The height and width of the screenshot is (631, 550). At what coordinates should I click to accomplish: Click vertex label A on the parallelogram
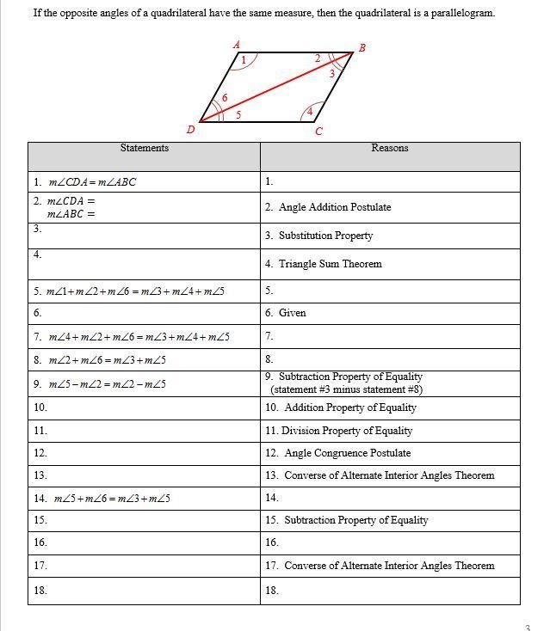pyautogui.click(x=237, y=44)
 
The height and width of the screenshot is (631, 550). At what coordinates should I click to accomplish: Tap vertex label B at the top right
pyautogui.click(x=362, y=47)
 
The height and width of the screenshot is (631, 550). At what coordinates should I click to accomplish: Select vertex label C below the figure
pyautogui.click(x=318, y=132)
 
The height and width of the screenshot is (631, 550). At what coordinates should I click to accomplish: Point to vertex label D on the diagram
pyautogui.click(x=190, y=130)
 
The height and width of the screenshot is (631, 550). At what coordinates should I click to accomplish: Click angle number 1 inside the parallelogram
pyautogui.click(x=244, y=60)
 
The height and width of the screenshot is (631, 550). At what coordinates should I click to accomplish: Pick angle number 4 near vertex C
pyautogui.click(x=310, y=111)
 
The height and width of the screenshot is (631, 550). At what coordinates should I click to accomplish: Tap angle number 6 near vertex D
pyautogui.click(x=225, y=98)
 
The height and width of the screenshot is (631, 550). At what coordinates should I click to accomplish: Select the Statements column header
pyautogui.click(x=144, y=148)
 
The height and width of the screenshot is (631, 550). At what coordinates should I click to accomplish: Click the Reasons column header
pyautogui.click(x=389, y=148)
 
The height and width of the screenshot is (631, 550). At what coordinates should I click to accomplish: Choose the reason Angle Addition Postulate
pyautogui.click(x=334, y=207)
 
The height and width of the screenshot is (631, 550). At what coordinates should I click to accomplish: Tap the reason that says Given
pyautogui.click(x=292, y=313)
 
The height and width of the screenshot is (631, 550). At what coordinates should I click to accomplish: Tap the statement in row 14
pyautogui.click(x=112, y=498)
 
